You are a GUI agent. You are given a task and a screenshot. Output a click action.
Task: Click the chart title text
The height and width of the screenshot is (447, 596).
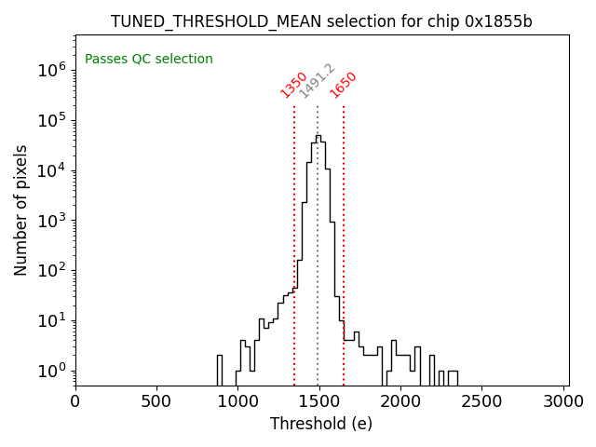(x=321, y=21)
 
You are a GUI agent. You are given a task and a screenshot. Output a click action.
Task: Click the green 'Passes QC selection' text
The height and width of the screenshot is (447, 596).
(x=149, y=59)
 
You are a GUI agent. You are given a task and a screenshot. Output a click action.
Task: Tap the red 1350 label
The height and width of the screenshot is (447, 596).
(x=294, y=84)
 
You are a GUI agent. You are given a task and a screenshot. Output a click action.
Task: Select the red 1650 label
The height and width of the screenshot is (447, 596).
(x=344, y=84)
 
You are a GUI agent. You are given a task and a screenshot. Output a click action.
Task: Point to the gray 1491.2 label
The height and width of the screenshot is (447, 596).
(x=317, y=81)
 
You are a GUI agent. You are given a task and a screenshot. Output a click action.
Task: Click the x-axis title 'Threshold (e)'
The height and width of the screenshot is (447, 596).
(x=321, y=424)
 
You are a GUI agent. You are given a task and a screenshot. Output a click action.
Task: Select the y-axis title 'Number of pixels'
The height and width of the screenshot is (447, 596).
(x=20, y=210)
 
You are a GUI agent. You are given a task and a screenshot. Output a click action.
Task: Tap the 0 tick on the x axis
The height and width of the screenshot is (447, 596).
(x=75, y=401)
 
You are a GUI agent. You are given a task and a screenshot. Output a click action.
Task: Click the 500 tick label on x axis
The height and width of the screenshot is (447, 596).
(x=156, y=401)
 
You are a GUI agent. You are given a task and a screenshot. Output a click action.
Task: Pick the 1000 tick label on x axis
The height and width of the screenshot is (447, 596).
(x=237, y=401)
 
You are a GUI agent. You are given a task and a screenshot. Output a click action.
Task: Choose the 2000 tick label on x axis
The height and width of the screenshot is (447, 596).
(x=400, y=401)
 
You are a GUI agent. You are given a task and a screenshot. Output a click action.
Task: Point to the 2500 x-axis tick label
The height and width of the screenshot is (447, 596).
(x=481, y=401)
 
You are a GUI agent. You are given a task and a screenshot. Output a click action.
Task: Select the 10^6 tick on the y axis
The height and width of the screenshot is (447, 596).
(x=49, y=70)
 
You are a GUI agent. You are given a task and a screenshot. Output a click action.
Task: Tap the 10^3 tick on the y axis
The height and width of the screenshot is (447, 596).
(x=49, y=221)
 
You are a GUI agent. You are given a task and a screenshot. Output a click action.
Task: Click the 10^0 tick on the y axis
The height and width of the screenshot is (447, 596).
(x=49, y=372)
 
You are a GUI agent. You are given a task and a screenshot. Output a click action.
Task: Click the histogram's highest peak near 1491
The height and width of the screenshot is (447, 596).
(x=318, y=136)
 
